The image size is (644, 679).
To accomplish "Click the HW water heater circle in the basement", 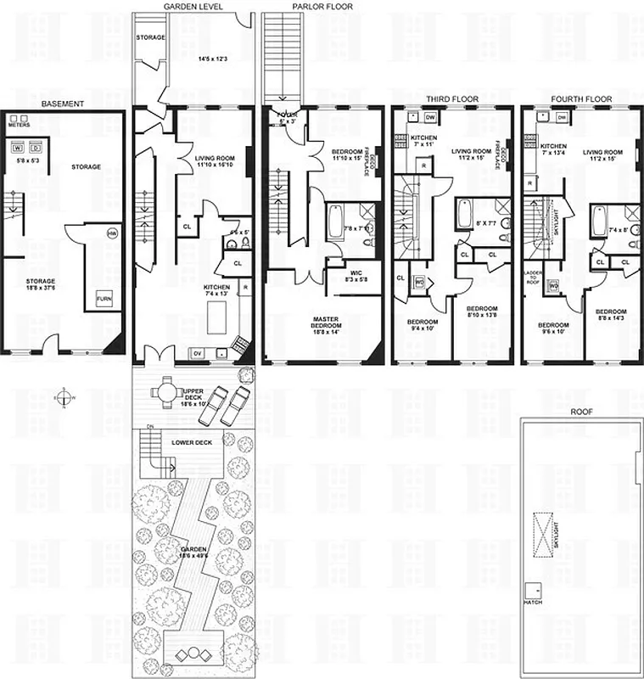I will tap(111, 233).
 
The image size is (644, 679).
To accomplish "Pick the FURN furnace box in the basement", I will tap(103, 299).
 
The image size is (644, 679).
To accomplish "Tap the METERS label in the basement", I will tap(19, 123).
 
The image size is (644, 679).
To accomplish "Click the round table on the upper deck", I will tap(163, 392).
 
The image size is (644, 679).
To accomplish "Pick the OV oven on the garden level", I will tap(199, 352).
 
